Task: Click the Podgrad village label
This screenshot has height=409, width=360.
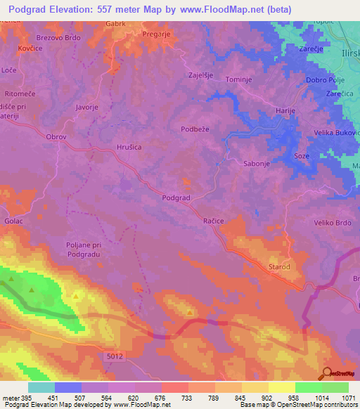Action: click(176, 199)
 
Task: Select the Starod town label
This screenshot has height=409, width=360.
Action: click(278, 267)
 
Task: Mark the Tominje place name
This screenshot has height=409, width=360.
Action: click(238, 80)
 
